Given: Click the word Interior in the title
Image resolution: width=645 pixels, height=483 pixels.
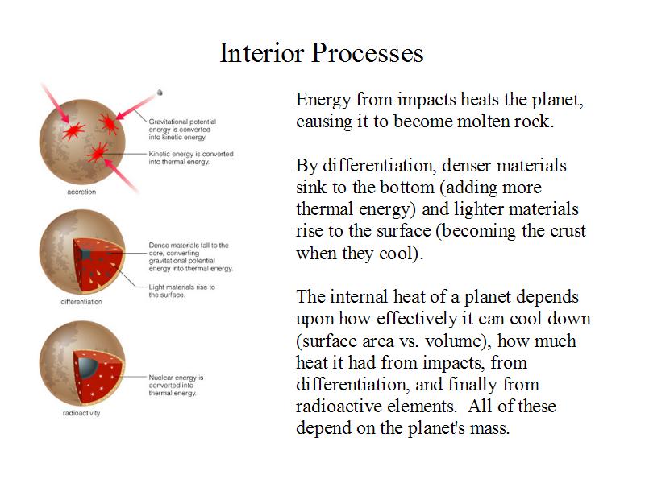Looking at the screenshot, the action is [262, 53].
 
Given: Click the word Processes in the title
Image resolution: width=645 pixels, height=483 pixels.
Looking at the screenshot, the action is [368, 53].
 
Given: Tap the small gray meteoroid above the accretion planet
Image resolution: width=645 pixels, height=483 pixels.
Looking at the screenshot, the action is [160, 93].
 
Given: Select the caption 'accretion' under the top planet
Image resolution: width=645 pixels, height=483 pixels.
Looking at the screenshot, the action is [81, 192].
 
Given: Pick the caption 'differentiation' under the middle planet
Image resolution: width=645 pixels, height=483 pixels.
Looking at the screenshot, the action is [81, 302].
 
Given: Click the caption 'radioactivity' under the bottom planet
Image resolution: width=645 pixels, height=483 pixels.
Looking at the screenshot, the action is [81, 413].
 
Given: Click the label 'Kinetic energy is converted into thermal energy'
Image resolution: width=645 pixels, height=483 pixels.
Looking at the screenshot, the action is [191, 158].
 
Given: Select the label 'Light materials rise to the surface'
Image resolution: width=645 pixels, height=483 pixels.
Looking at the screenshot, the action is [182, 291].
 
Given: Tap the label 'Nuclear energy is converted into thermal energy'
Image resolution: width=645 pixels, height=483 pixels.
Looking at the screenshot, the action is [176, 386].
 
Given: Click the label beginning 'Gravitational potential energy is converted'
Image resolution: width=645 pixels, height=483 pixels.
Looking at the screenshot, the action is [182, 130].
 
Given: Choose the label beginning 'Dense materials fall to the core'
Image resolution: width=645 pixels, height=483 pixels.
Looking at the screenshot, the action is [190, 257].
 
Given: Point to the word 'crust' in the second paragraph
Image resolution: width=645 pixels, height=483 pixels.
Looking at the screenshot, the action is [568, 231].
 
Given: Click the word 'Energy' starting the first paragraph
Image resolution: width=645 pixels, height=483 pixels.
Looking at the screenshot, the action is [323, 100].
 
